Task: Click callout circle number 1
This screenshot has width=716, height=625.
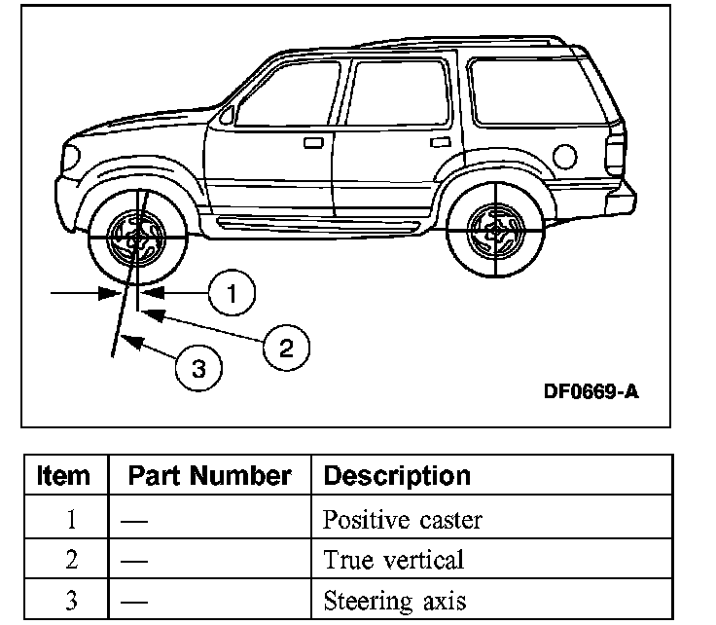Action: pyautogui.click(x=231, y=293)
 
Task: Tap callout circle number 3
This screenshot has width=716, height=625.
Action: pyautogui.click(x=198, y=369)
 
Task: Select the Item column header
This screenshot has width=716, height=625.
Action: pyautogui.click(x=64, y=476)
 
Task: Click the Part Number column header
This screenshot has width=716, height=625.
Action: pyautogui.click(x=209, y=476)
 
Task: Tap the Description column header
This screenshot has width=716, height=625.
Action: pyautogui.click(x=396, y=476)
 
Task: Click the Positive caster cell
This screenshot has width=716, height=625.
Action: pyautogui.click(x=401, y=519)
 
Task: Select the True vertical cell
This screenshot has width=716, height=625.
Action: pyautogui.click(x=393, y=560)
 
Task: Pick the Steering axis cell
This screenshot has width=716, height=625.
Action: pyautogui.click(x=394, y=601)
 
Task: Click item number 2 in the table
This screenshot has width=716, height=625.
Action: pyautogui.click(x=71, y=560)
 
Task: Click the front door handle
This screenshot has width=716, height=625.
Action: pyautogui.click(x=312, y=143)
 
